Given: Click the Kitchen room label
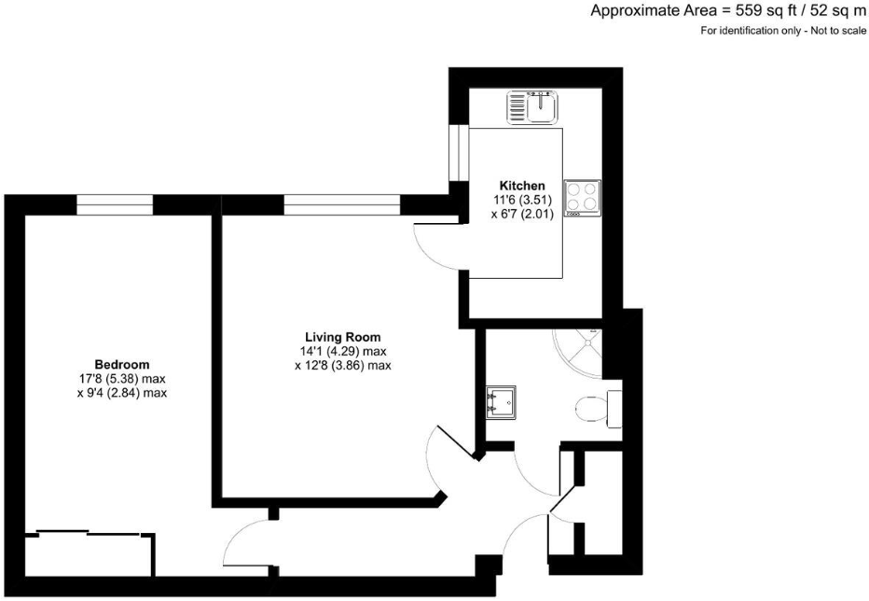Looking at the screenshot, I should point(521,186).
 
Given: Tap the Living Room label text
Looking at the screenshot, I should point(342,337).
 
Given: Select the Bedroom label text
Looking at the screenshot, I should point(121,364).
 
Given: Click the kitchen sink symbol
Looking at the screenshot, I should point(532,107).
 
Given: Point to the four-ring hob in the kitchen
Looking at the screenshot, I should point(582,198).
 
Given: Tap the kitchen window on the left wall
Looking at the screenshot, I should point(457,151).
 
